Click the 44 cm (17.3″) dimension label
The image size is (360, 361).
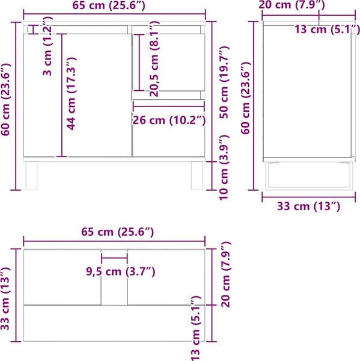click(72, 93)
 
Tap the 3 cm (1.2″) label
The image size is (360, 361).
click(47, 46)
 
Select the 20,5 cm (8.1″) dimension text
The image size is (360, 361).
click(154, 59)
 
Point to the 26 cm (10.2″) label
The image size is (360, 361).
click(169, 120)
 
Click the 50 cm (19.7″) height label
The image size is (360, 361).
click(224, 82)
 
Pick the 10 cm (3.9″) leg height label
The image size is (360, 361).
click(224, 167)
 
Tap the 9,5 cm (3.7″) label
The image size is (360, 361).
click(121, 271)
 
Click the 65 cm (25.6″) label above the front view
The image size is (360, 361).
click(109, 5)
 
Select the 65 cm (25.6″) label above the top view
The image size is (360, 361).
click(117, 232)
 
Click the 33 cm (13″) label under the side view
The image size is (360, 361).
click(308, 206)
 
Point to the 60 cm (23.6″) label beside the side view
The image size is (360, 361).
click(245, 98)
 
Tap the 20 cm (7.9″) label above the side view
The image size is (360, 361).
click(291, 5)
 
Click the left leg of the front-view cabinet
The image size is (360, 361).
click(31, 176)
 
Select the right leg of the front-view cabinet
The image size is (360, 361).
click(197, 176)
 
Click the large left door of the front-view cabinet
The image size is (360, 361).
click(78, 95)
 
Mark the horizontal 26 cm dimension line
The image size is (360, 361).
click(169, 106)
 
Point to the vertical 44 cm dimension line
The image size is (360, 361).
click(62, 95)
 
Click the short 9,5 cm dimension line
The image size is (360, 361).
click(114, 258)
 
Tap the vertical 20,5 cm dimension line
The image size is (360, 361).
click(139, 63)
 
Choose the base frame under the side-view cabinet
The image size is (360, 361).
click(309, 176)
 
